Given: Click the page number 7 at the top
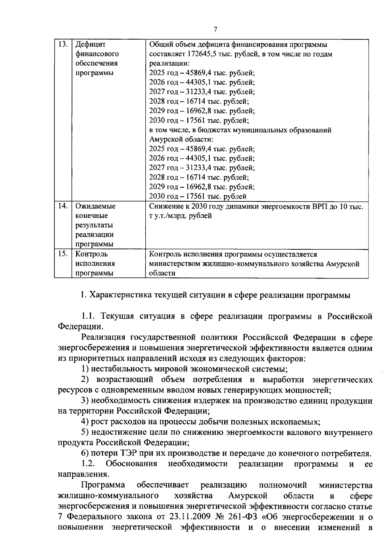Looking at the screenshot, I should click(215, 30).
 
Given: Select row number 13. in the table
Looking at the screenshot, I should click(62, 44).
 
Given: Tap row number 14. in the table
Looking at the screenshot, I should click(62, 206).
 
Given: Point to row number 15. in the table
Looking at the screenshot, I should click(62, 254).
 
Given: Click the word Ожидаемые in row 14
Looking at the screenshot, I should click(95, 206).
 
